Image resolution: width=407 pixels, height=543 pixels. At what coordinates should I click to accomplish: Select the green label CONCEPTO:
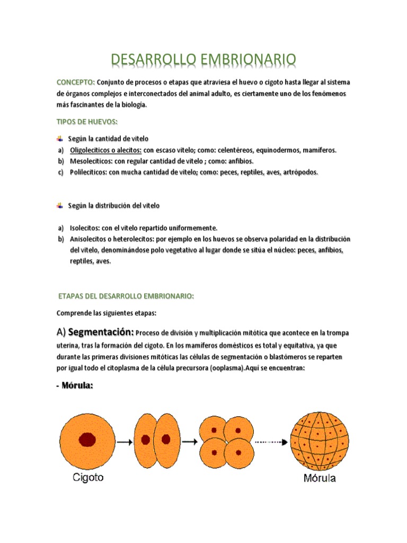(76, 83)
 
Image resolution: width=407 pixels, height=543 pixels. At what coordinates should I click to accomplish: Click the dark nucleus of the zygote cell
(87, 439)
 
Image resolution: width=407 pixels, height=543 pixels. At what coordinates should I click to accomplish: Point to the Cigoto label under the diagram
(88, 477)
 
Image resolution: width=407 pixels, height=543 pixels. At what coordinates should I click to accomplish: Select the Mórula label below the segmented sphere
(319, 477)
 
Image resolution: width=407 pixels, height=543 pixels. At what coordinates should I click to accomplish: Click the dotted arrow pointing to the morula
(271, 441)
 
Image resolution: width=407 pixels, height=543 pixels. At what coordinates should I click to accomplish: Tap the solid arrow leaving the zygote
(125, 441)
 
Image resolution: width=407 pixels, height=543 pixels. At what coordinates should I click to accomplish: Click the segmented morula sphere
(318, 440)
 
